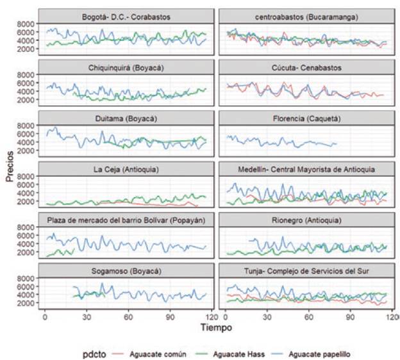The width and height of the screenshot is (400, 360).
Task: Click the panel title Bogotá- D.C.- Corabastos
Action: (x=126, y=15)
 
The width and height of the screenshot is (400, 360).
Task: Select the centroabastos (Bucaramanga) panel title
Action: (x=305, y=15)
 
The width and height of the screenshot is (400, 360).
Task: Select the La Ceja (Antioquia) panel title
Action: (x=126, y=169)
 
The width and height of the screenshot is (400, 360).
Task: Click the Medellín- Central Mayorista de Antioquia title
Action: (x=305, y=169)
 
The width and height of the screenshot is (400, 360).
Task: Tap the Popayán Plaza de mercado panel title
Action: (x=126, y=220)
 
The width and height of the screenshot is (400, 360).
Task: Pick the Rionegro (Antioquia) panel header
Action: (x=305, y=220)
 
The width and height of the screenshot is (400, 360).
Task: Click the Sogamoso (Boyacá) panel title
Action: (x=126, y=271)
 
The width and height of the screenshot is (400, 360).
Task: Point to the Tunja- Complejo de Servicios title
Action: (x=305, y=271)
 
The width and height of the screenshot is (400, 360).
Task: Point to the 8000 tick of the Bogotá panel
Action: (x=26, y=23)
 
